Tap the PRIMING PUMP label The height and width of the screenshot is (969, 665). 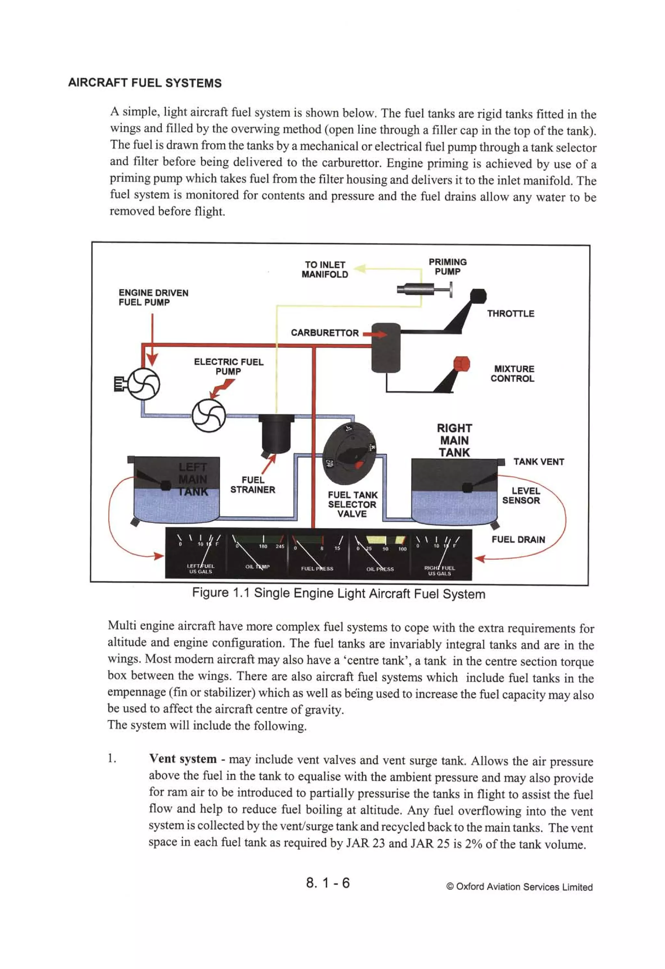click(447, 267)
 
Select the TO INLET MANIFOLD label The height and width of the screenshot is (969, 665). click(325, 269)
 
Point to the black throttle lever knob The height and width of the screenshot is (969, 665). click(478, 296)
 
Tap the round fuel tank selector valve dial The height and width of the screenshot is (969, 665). click(349, 451)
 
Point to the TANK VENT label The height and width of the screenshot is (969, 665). click(538, 462)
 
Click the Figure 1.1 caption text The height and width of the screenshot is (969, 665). click(338, 593)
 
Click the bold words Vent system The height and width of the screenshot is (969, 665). click(183, 759)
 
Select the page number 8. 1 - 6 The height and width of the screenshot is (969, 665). click(328, 883)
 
